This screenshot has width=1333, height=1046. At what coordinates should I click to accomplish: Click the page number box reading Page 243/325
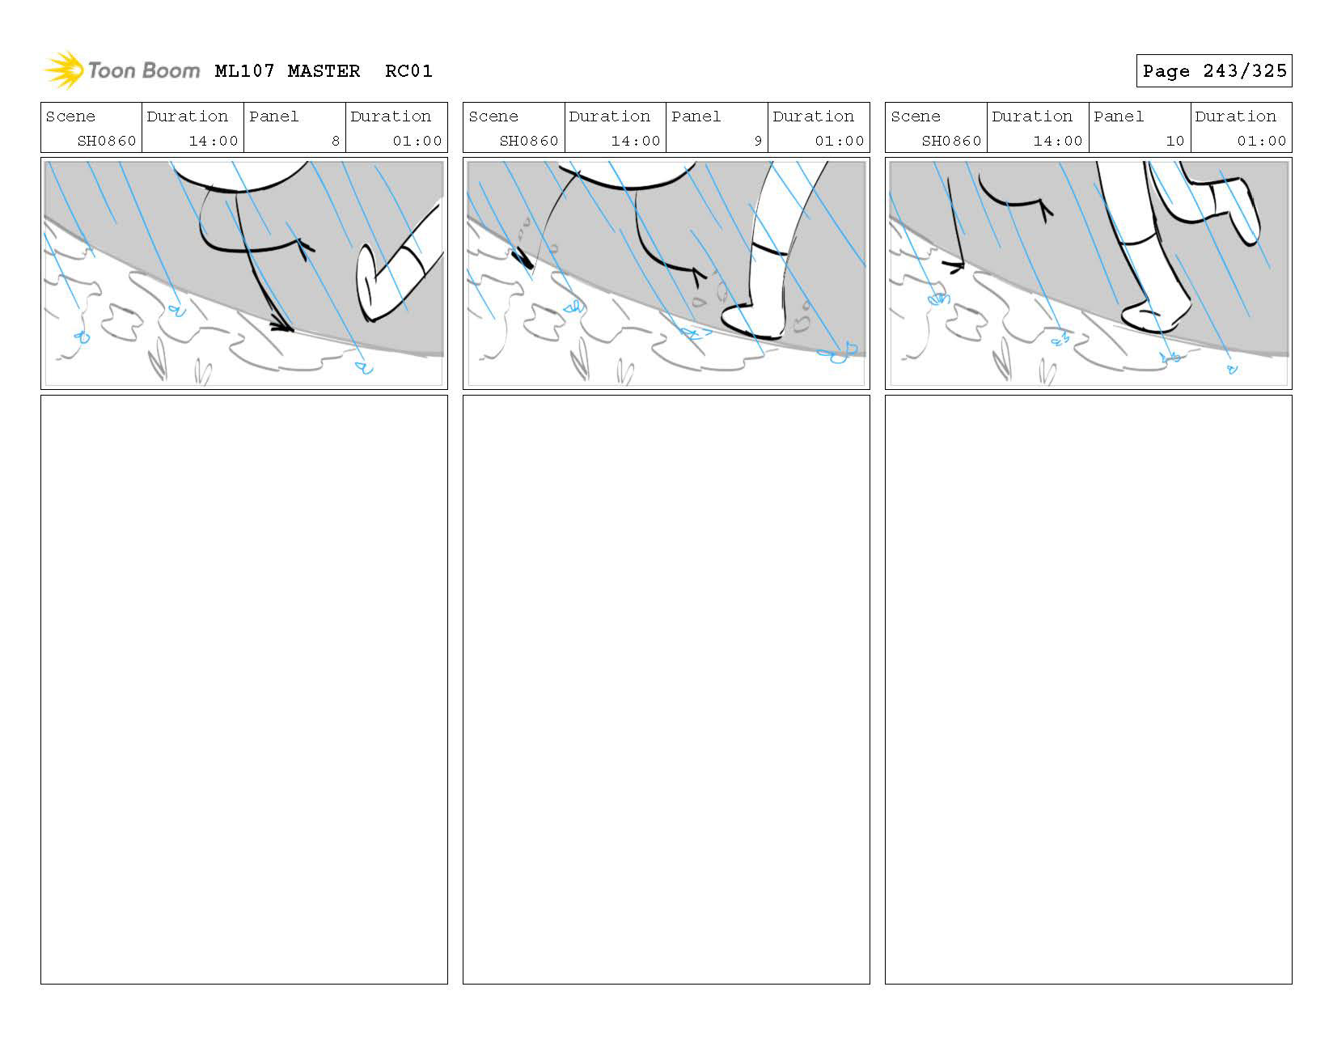click(1213, 71)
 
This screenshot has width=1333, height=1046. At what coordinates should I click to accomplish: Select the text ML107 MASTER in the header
click(287, 71)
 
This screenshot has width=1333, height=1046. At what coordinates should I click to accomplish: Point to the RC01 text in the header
click(408, 71)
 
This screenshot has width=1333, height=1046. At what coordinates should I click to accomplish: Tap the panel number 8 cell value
click(335, 141)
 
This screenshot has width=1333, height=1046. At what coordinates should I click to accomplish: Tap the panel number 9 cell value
click(758, 141)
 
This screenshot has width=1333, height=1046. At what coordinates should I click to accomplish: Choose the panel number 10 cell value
click(1174, 141)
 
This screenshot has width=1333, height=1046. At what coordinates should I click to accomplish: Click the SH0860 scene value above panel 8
click(107, 141)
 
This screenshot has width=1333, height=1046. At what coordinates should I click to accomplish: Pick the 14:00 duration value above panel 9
click(635, 141)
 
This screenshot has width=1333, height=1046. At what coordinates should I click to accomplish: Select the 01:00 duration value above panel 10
click(1261, 141)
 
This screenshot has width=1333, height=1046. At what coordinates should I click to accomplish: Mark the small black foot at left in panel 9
click(523, 258)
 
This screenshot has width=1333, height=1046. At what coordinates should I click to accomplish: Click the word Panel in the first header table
click(273, 116)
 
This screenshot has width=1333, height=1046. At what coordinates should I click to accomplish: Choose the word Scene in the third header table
click(915, 116)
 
